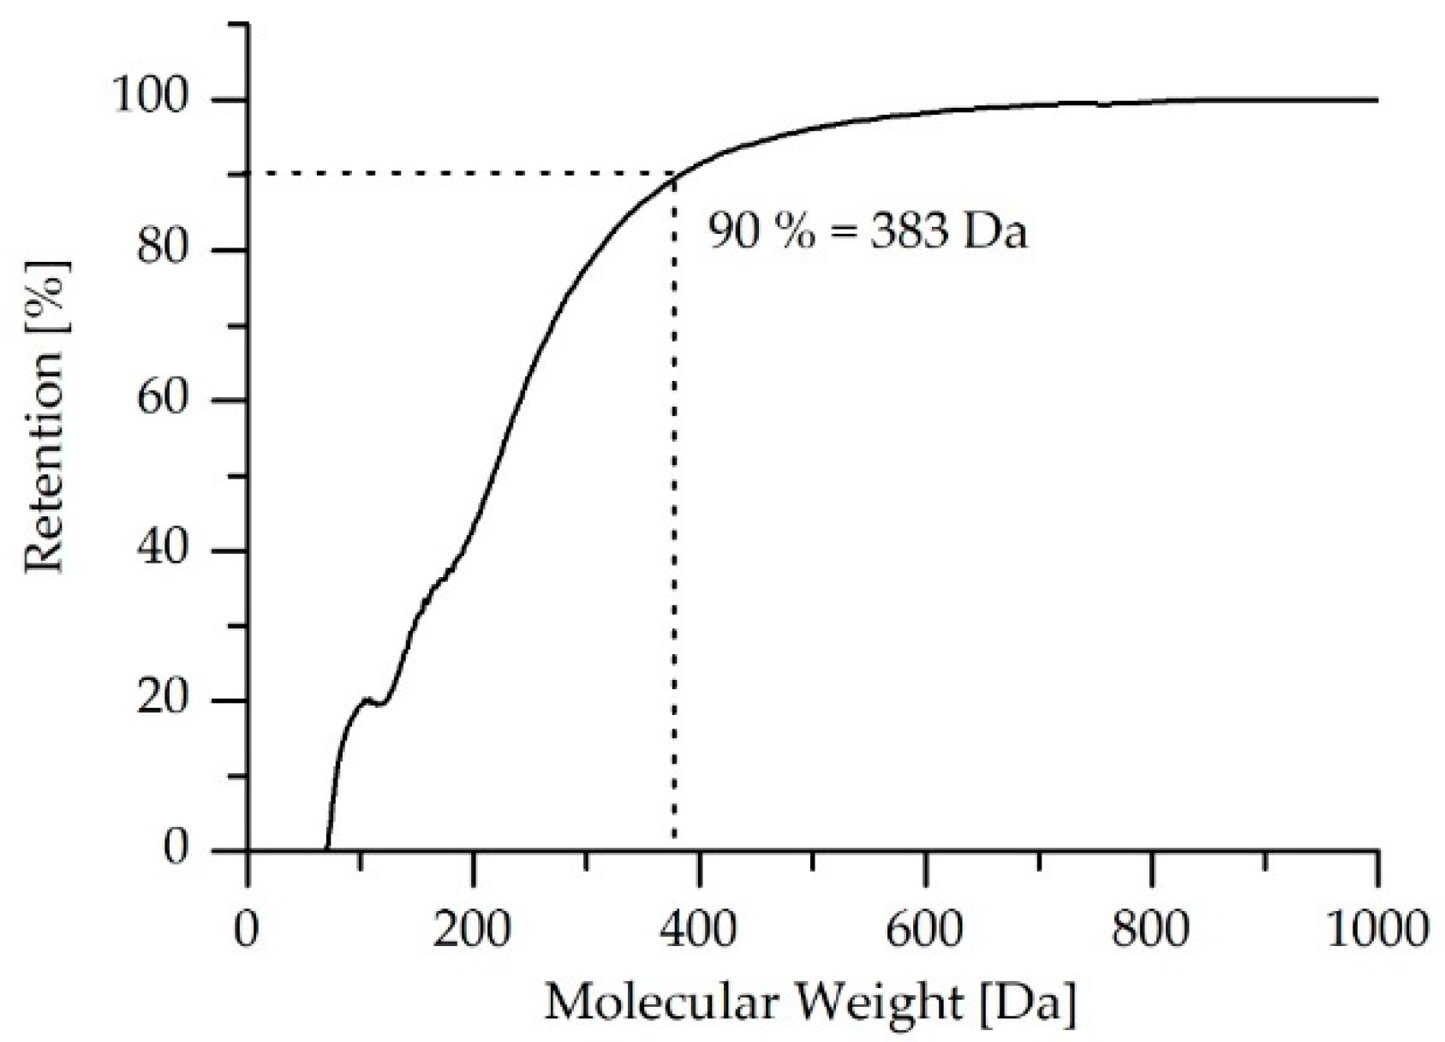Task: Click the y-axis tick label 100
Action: (x=150, y=99)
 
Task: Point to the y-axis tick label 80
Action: (x=162, y=250)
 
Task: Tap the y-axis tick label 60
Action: (x=162, y=400)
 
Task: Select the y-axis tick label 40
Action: (x=162, y=551)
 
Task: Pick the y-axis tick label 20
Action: (x=162, y=700)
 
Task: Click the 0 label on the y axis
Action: (x=175, y=849)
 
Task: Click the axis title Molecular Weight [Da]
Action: (x=809, y=1002)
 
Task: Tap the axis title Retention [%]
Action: (x=45, y=414)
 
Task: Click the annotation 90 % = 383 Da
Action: (x=866, y=232)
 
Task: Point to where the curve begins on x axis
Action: (x=326, y=848)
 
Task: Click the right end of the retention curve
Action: (x=1376, y=100)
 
